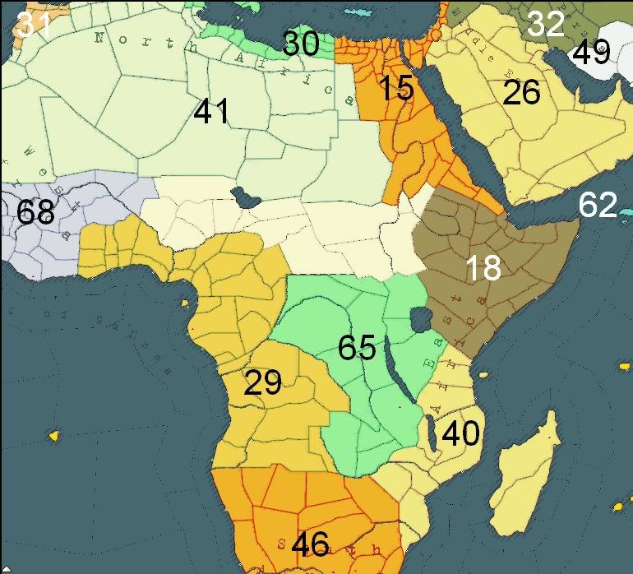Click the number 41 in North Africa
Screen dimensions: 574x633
click(211, 111)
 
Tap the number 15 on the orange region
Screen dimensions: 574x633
click(396, 88)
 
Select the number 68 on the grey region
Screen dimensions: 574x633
click(35, 212)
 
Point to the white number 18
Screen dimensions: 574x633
click(483, 267)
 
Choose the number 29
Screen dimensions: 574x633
click(263, 382)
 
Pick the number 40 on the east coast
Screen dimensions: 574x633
click(460, 433)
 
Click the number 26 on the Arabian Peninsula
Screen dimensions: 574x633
click(521, 93)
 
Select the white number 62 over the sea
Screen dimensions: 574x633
click(598, 205)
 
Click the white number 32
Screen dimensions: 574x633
click(546, 25)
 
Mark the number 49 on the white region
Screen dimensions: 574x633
click(591, 53)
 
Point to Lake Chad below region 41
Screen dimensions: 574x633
click(243, 197)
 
